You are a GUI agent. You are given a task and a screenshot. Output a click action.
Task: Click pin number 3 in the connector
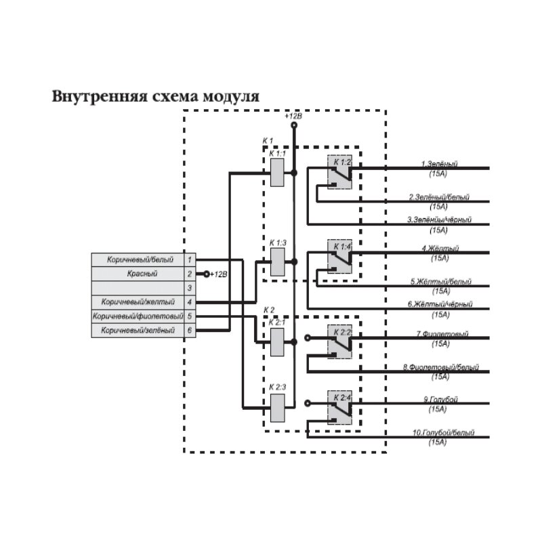click(x=190, y=288)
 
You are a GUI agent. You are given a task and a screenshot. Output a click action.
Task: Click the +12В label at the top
click(x=293, y=117)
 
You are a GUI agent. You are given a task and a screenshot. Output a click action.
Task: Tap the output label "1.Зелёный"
click(x=439, y=164)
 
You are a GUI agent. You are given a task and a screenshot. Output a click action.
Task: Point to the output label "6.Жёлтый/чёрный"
click(x=440, y=305)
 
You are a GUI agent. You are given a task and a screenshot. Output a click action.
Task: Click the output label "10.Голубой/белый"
click(x=440, y=432)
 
